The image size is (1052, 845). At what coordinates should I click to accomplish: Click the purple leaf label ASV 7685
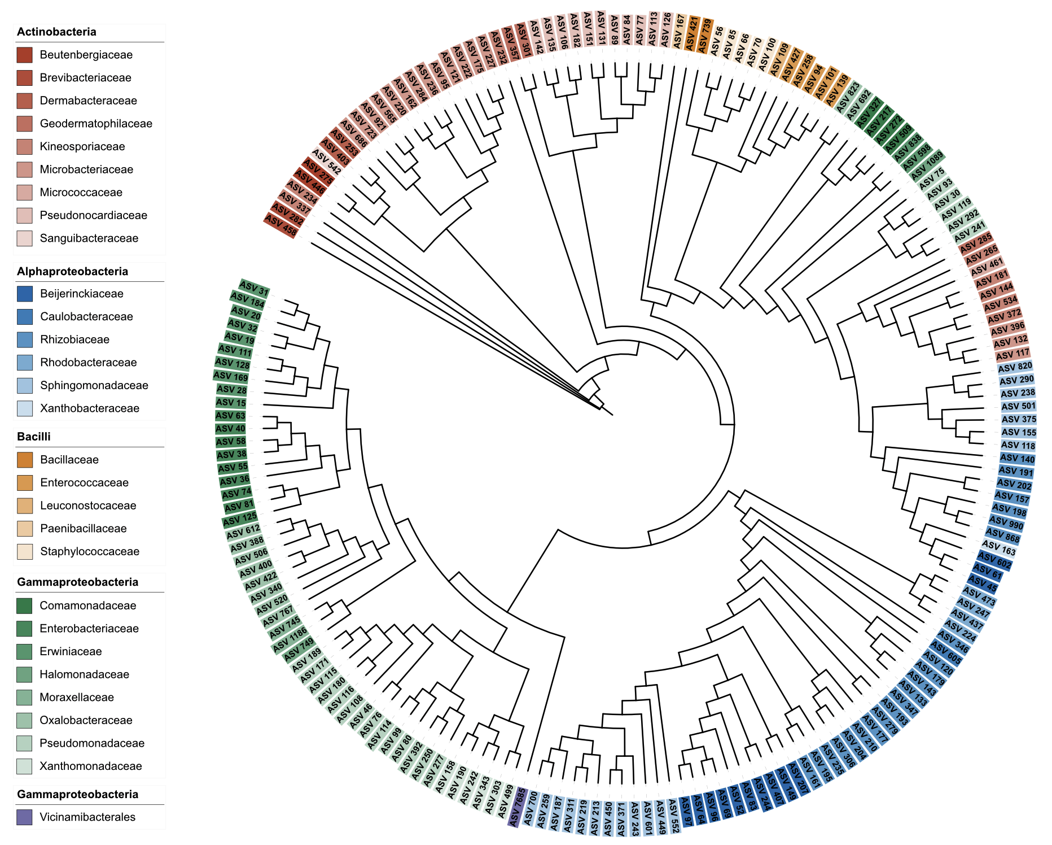pos(517,807)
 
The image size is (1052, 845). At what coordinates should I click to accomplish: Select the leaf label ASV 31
pos(253,289)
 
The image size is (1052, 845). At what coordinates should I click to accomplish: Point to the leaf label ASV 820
pos(1015,367)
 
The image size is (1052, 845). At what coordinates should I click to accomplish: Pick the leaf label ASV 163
pos(999,547)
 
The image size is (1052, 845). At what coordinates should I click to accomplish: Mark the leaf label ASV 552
pos(673,816)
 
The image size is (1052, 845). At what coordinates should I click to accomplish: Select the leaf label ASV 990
pos(1006,523)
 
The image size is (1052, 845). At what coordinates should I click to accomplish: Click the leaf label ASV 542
pos(326,162)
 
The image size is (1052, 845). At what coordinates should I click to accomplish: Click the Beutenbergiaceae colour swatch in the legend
pos(24,55)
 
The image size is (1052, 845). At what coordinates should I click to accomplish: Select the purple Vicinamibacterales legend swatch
pos(24,817)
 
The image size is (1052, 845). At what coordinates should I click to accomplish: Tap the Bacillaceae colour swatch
pos(24,460)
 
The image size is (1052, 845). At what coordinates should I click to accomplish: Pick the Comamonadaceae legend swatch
pos(24,606)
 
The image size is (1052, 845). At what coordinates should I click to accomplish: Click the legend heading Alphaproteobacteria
pos(73,271)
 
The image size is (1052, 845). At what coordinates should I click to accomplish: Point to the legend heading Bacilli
pos(34,437)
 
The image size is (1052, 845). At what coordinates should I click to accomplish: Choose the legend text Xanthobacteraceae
pos(89,408)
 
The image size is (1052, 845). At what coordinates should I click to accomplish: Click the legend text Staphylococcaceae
pos(89,551)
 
